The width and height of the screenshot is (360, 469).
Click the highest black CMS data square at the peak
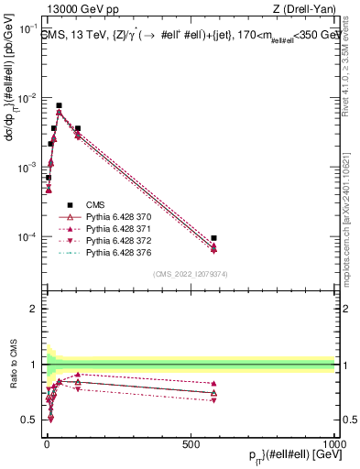point(59,105)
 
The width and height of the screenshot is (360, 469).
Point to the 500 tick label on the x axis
point(190,443)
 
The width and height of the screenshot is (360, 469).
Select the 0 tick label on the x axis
point(46,443)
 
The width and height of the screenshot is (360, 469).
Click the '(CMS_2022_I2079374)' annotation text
point(191,273)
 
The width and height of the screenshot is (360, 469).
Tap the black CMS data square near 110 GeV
point(78,129)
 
